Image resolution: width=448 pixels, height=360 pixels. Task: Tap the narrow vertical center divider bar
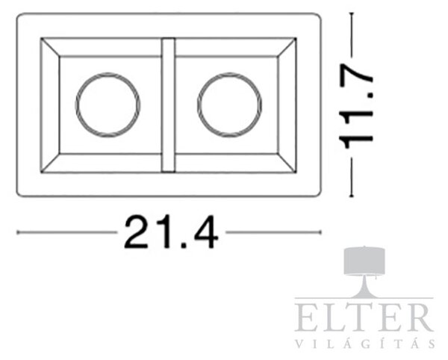coord(168,105)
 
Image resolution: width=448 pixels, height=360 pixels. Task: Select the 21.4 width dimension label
coord(171,232)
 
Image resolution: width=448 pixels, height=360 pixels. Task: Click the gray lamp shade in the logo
coord(364,261)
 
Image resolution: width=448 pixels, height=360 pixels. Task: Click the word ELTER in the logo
coord(364,317)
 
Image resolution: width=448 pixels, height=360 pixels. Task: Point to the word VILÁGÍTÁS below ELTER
coord(364,344)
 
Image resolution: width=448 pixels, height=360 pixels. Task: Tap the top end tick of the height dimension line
coord(352,13)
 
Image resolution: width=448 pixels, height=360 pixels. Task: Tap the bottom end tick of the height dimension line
coord(352,196)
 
